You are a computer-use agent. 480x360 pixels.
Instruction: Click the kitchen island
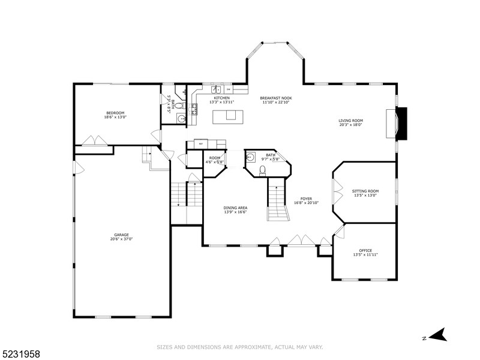(x=227, y=115)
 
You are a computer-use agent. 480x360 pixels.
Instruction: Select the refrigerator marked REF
(x=200, y=144)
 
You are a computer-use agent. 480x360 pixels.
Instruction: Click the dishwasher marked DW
(x=228, y=90)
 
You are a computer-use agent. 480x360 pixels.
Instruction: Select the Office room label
(x=365, y=250)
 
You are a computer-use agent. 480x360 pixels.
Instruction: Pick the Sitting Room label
(x=365, y=191)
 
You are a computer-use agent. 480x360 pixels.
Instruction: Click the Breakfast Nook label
(x=275, y=98)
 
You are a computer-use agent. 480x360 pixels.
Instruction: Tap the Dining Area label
(x=236, y=208)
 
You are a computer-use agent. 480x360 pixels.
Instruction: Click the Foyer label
(x=306, y=199)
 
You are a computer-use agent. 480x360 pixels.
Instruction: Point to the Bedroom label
(x=115, y=113)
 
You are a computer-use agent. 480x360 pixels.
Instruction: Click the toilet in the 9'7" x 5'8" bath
(x=262, y=170)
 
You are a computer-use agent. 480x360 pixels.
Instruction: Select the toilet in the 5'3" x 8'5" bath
(x=181, y=119)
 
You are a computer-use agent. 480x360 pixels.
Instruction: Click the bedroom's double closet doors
(x=95, y=141)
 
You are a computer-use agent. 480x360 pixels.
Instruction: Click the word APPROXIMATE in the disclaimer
(x=243, y=347)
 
